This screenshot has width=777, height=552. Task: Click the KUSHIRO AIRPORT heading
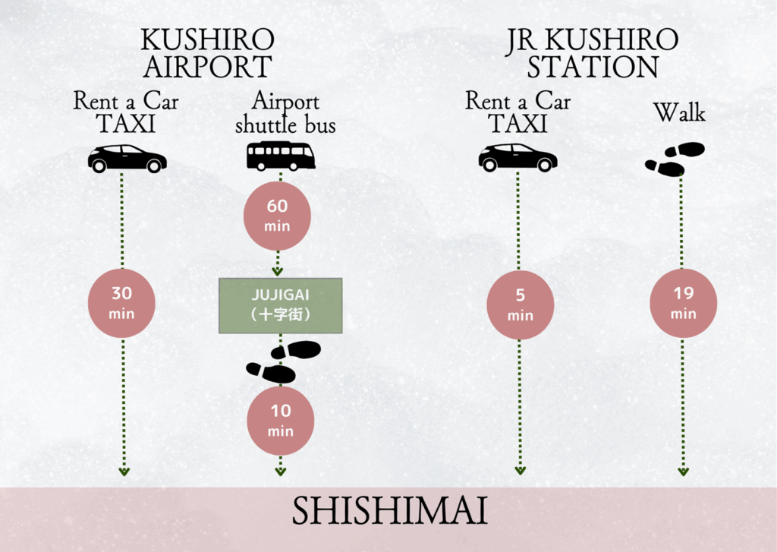[x=207, y=53]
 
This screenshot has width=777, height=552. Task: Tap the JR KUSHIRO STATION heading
[x=593, y=53]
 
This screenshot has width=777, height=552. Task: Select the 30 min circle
[x=122, y=302]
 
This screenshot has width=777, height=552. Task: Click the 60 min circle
[x=277, y=216]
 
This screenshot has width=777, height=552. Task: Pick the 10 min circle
[x=281, y=421]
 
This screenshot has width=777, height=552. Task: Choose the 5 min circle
[x=521, y=304]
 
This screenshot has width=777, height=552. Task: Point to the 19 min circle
[x=683, y=302]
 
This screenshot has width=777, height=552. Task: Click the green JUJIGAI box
[x=281, y=305]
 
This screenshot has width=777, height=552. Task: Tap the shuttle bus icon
[x=280, y=156]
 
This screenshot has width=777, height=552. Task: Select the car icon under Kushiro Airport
[x=127, y=158]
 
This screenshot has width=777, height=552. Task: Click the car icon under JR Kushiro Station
[x=517, y=157]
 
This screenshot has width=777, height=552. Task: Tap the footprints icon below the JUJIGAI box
[x=283, y=361]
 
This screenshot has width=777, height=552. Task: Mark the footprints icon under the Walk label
[x=675, y=159]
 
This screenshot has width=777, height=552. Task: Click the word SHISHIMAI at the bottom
[x=389, y=513]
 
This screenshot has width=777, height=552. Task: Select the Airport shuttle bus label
[x=285, y=112]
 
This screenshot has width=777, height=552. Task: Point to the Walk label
[x=679, y=113]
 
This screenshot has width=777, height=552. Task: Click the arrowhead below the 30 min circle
[x=124, y=472]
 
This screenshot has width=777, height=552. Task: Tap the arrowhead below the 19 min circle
[x=683, y=472]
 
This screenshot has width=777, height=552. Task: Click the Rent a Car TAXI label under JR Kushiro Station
[x=517, y=112]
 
